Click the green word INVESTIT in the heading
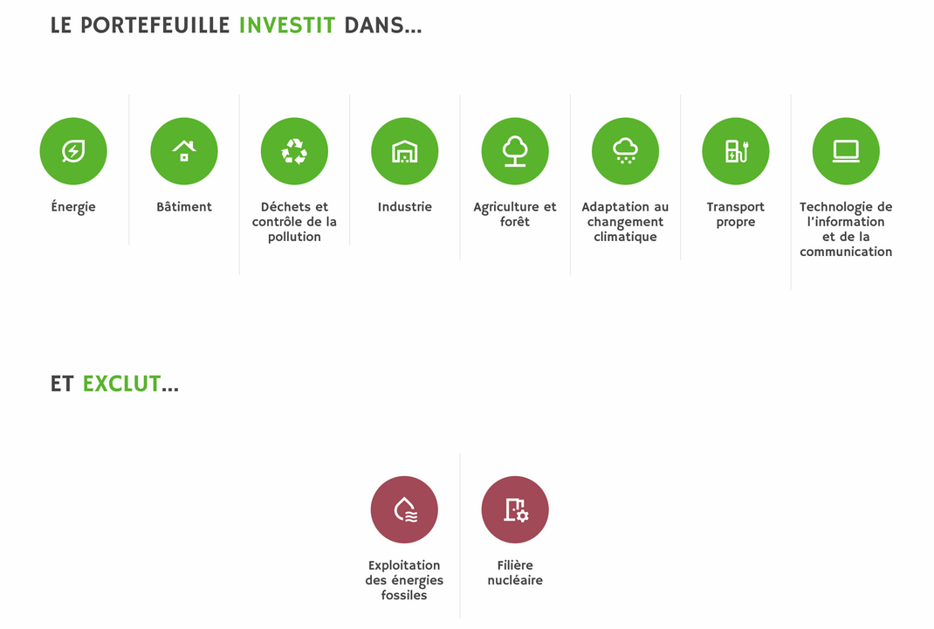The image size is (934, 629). [287, 25]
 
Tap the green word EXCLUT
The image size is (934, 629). [121, 384]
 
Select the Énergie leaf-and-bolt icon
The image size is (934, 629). [73, 151]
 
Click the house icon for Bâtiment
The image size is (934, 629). [184, 151]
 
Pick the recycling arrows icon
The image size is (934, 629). [294, 151]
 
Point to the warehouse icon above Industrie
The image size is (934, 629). [404, 151]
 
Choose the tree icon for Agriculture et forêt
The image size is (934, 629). [515, 151]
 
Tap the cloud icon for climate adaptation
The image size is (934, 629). [626, 151]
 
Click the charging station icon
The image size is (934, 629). [736, 151]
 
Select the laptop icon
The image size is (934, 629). [846, 151]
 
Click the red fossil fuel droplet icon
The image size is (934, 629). [404, 510]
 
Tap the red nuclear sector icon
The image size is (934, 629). [515, 510]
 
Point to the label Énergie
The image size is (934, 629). [73, 207]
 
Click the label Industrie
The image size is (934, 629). [404, 207]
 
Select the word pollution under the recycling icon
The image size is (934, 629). [294, 237]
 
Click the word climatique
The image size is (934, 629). [626, 237]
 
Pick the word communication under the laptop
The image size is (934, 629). [846, 252]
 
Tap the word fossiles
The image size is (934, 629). [404, 595]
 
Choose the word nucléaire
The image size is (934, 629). [515, 580]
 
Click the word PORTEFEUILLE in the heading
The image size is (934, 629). [155, 25]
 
